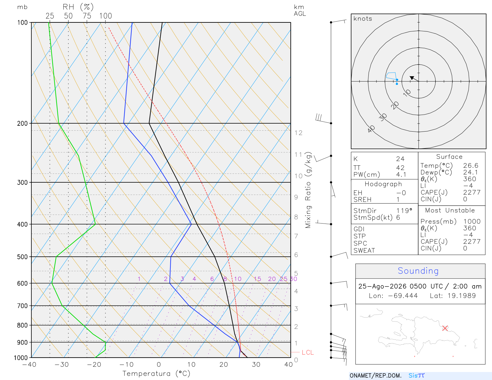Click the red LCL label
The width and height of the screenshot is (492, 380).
pos(308,352)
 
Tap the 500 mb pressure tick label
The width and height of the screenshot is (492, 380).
pos(22,257)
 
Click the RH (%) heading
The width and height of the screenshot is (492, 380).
pos(78,7)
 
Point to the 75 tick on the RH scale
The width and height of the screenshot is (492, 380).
pos(87,16)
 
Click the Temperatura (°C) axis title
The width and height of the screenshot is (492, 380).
pos(156,374)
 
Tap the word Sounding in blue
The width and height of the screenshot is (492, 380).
pos(418,271)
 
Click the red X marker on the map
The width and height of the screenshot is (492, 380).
pos(445,328)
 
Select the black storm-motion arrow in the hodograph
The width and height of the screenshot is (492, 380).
pos(414,79)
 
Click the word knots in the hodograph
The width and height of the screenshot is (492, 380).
pos(363,18)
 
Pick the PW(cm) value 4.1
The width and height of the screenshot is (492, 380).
pos(401,175)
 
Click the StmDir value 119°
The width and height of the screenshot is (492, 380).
pos(404,211)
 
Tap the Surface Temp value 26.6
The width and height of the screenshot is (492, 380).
pos(471,166)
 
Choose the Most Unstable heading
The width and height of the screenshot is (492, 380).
pos(450,210)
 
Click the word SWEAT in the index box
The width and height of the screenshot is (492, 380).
pos(364,251)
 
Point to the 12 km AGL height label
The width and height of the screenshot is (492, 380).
pos(298,133)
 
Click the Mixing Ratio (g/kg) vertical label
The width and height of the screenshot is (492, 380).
pos(308,190)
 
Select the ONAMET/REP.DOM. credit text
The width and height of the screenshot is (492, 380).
pos(376,375)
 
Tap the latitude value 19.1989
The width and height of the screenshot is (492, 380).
pos(462,295)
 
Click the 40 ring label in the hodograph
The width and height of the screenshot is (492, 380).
pos(371,129)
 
